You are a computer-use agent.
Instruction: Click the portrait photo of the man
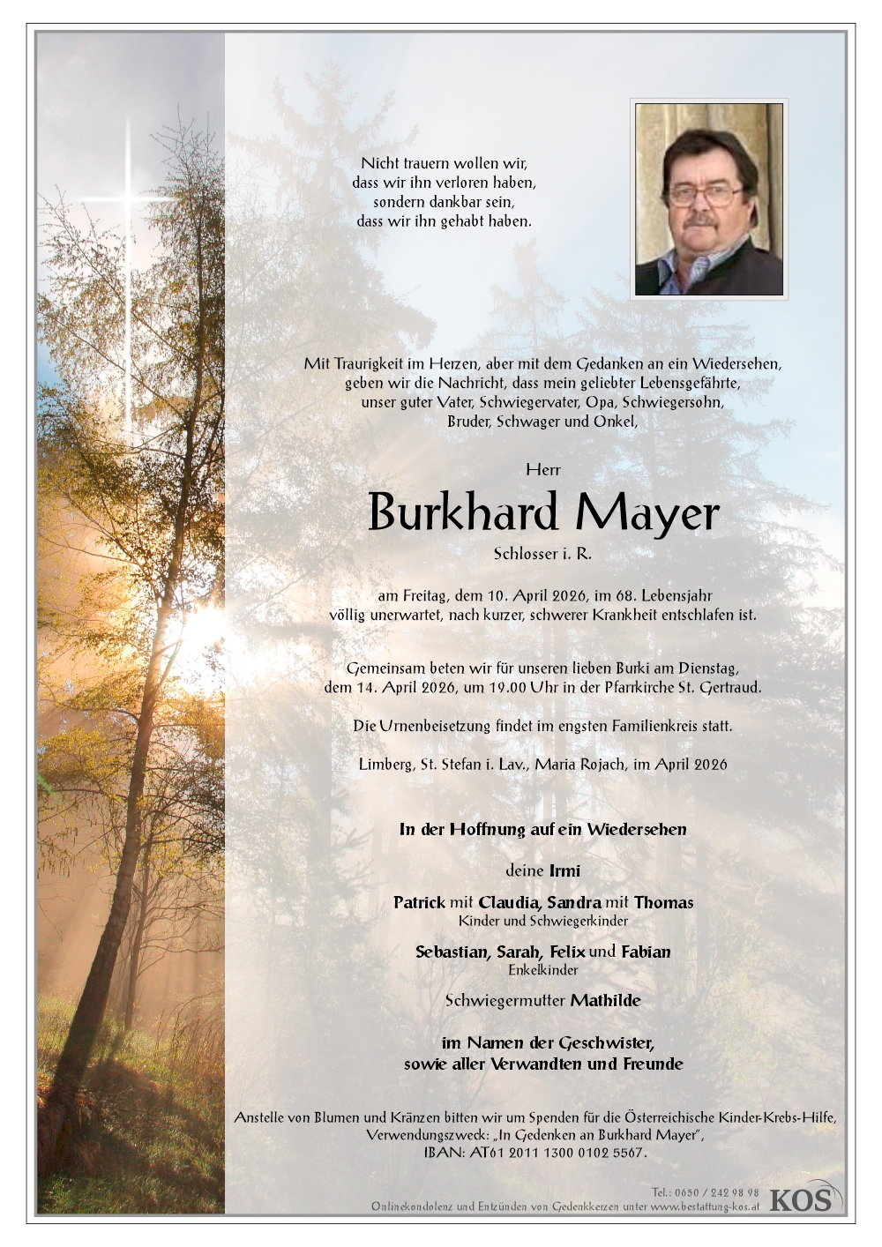click(x=708, y=198)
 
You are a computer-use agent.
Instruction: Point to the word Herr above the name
click(x=542, y=470)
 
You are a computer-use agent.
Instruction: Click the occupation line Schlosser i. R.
click(x=542, y=554)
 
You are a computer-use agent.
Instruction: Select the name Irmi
click(x=564, y=870)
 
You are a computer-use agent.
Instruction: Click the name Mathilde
click(x=606, y=1000)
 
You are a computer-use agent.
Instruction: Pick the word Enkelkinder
click(x=543, y=970)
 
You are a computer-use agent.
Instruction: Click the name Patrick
click(x=419, y=902)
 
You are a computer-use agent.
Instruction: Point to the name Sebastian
click(x=452, y=952)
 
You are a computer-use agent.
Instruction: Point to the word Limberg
click(x=383, y=764)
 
